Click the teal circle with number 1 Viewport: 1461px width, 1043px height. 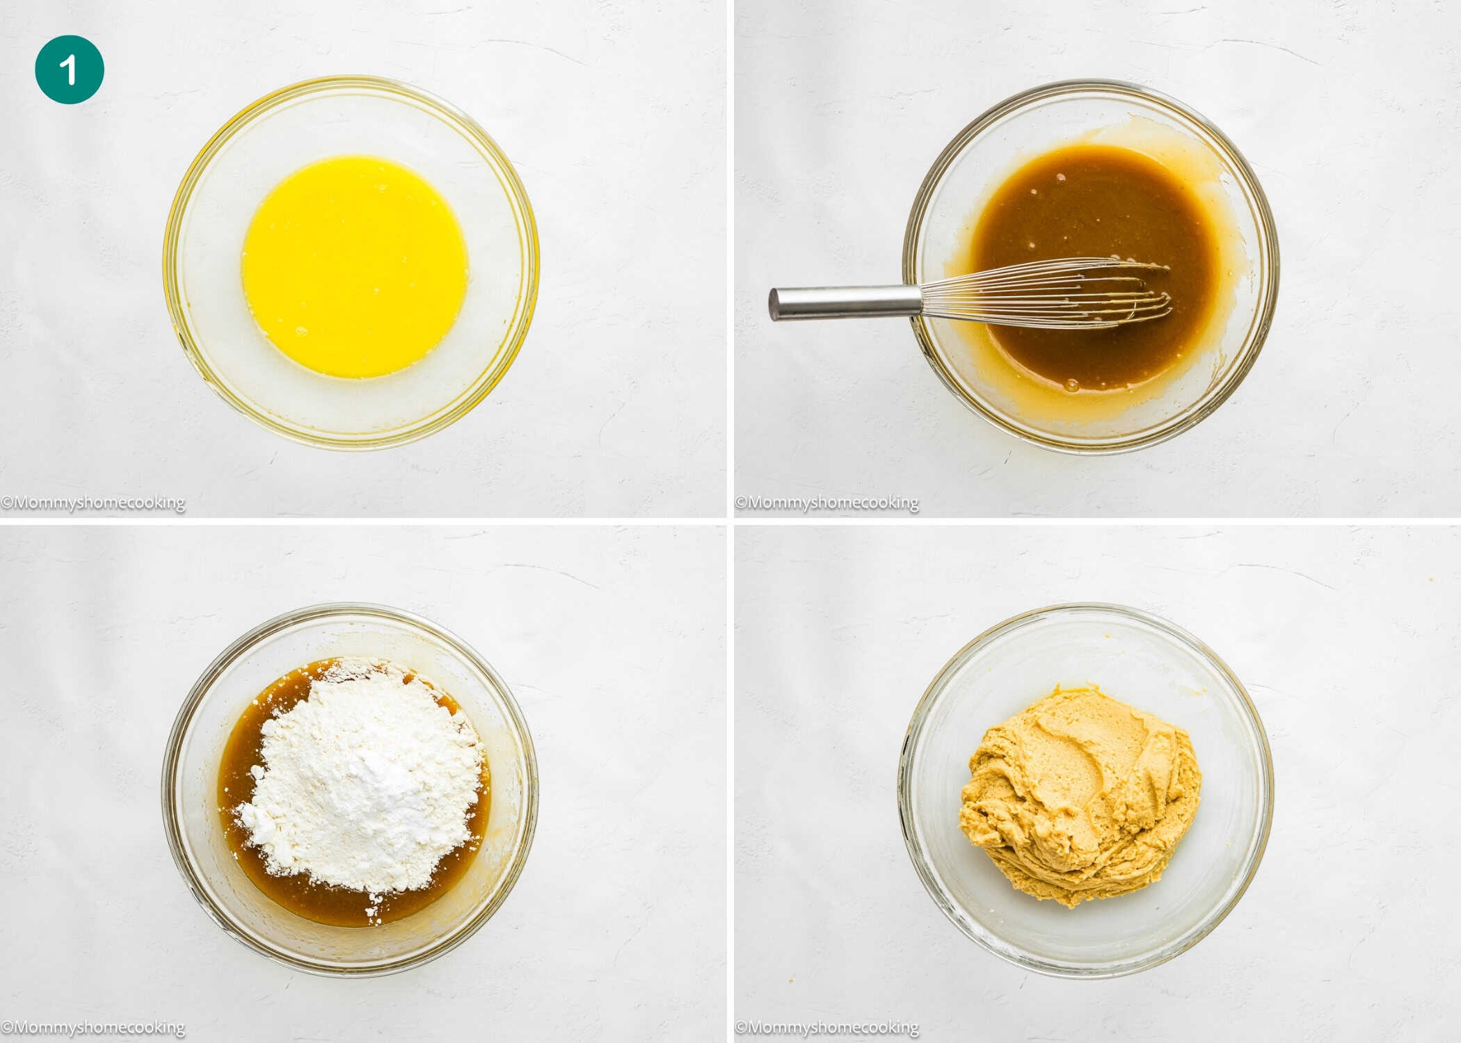click(x=70, y=70)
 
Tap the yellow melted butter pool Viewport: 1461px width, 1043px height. click(x=355, y=266)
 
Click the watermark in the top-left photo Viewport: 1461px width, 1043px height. click(x=93, y=503)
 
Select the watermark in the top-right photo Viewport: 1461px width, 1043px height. click(x=827, y=503)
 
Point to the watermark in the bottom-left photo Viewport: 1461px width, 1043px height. click(x=93, y=1027)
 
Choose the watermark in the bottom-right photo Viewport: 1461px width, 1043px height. click(x=827, y=1027)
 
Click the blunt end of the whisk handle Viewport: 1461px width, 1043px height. click(x=774, y=305)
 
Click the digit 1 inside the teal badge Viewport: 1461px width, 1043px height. click(x=68, y=70)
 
